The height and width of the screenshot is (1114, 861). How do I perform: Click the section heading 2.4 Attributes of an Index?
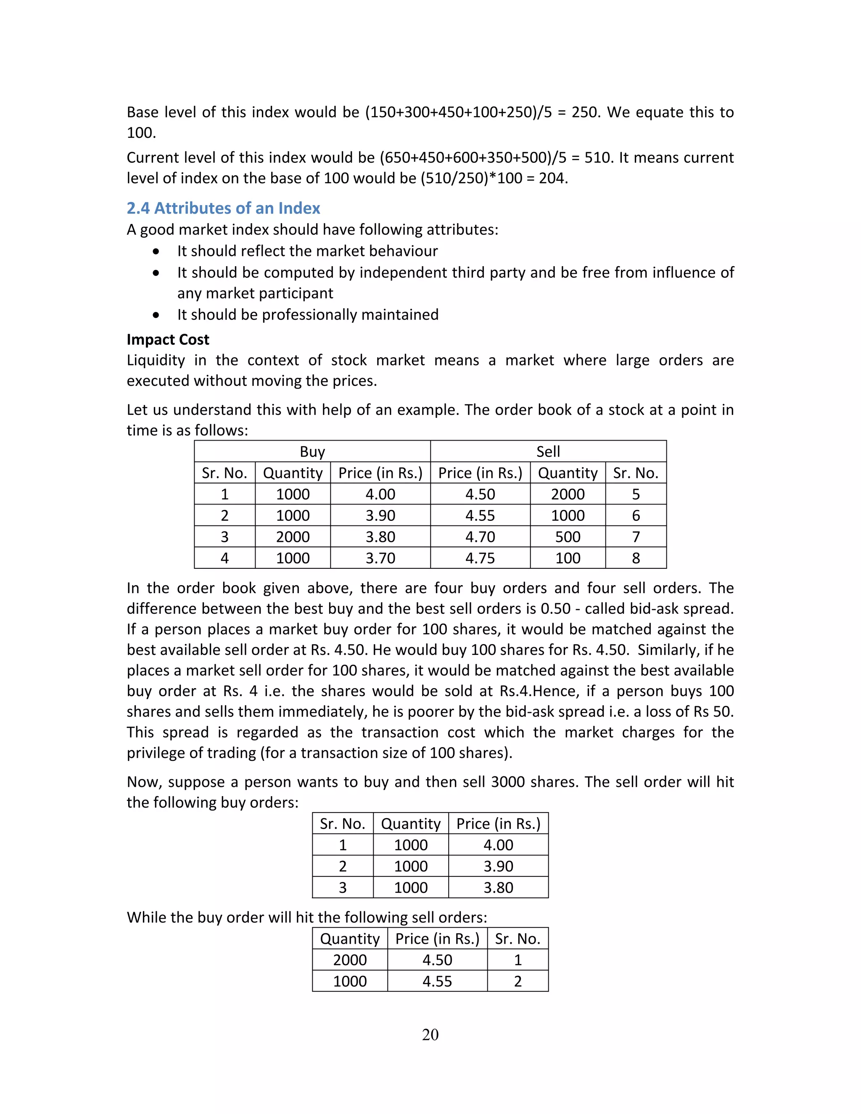point(223,208)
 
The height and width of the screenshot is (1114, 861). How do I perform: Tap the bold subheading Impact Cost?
point(168,340)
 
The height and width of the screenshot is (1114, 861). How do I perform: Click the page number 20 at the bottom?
point(430,1035)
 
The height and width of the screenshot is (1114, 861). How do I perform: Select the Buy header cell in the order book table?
point(312,452)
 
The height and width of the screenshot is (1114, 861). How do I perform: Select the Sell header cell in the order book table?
point(548,452)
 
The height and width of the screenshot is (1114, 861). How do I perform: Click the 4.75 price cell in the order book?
point(480,558)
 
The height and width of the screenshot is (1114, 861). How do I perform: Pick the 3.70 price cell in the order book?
point(380,558)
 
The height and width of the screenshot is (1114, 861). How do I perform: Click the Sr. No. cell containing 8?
point(636,558)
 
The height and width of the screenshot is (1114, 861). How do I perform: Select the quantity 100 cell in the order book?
point(568,558)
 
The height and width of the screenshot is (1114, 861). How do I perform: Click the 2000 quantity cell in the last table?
point(350,960)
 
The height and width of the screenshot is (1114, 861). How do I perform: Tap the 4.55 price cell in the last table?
point(437,982)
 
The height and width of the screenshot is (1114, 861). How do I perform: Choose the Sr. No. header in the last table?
point(518,939)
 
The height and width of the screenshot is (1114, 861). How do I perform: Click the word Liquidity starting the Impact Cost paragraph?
point(156,361)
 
